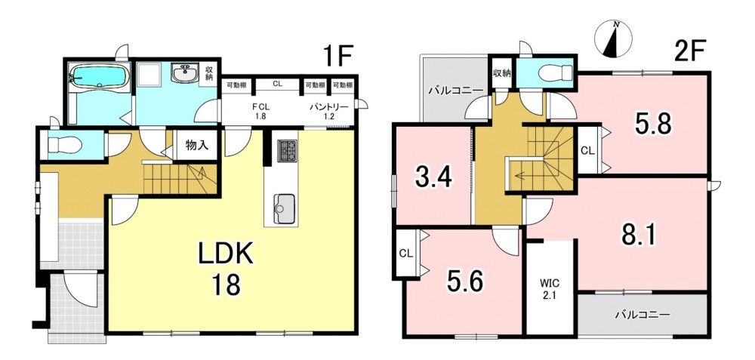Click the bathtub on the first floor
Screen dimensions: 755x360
[x=99, y=77]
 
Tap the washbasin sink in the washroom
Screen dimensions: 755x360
[x=184, y=74]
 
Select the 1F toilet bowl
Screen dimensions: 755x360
[x=64, y=144]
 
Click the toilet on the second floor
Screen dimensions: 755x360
[x=555, y=73]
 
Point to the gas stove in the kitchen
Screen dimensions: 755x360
[x=288, y=150]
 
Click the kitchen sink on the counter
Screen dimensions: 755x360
[x=284, y=208]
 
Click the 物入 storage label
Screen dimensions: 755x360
[x=196, y=145]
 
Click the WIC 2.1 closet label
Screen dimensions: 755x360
[x=550, y=288]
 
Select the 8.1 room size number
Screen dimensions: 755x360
[x=639, y=235]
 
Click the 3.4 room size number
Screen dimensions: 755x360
[x=434, y=178]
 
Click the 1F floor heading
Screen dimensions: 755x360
[x=338, y=57]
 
